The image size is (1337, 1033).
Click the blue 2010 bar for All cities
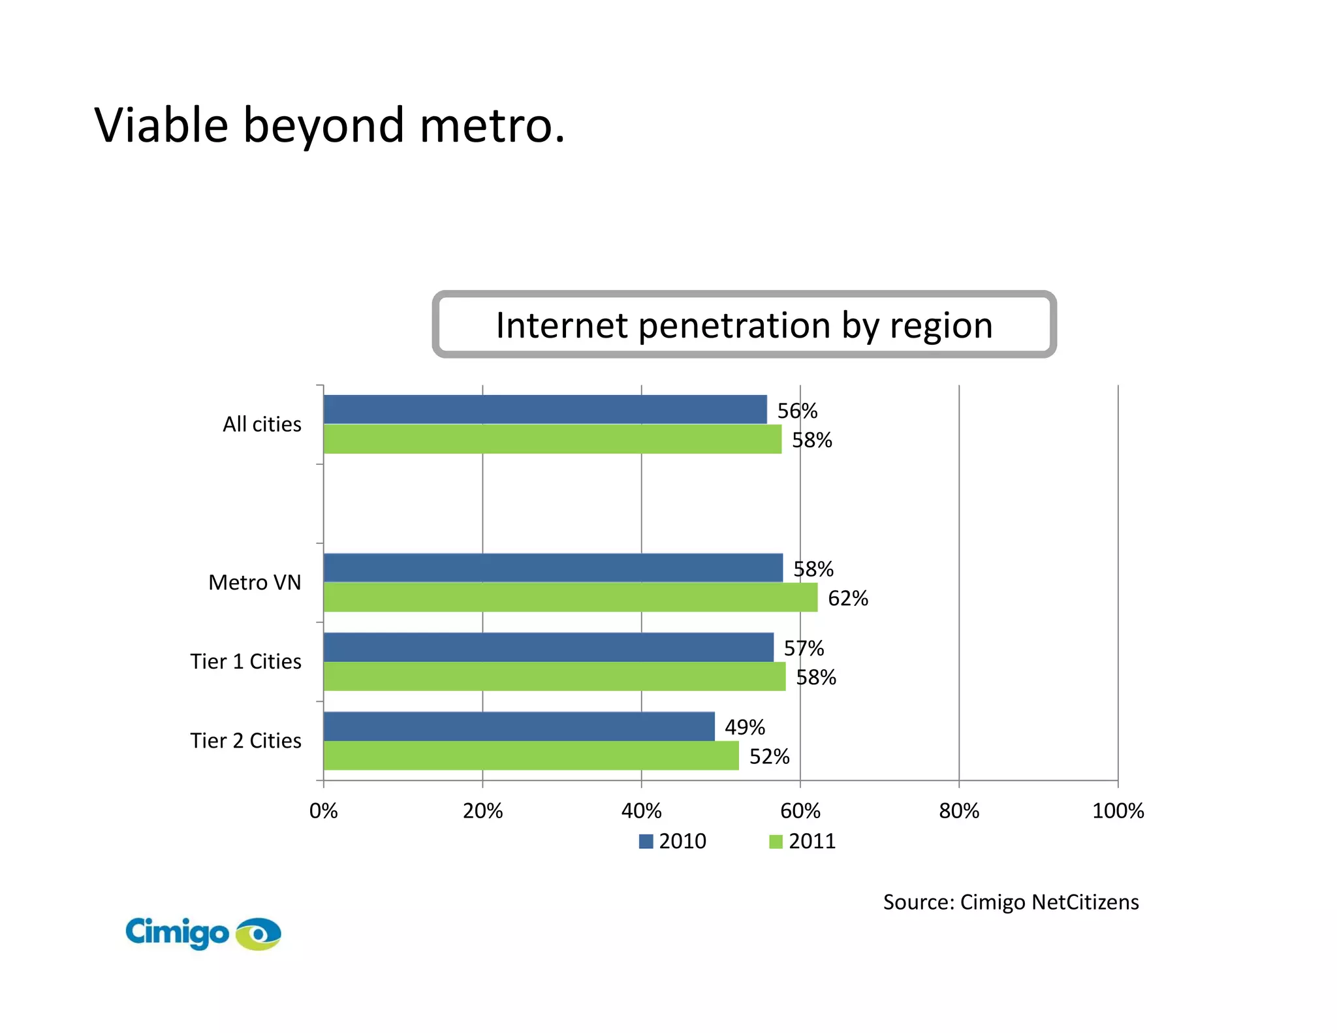(x=545, y=409)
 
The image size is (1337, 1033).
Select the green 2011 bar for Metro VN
(x=570, y=597)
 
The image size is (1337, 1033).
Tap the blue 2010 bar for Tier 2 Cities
(x=519, y=726)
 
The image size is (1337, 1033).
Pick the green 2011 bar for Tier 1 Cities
(x=554, y=676)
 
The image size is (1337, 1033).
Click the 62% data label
(x=847, y=598)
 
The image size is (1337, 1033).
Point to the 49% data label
(x=744, y=727)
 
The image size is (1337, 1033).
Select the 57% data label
(x=804, y=648)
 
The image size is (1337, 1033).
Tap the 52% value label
(x=769, y=756)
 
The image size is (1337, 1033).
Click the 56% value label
(x=797, y=411)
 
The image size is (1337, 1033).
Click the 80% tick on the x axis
(x=958, y=811)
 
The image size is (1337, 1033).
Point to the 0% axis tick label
(x=323, y=811)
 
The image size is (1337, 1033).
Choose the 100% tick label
(x=1118, y=811)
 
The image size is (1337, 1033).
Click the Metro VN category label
(x=255, y=582)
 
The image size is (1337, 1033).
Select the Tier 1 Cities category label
(x=245, y=661)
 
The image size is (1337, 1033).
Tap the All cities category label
(x=262, y=424)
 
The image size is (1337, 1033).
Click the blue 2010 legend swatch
(x=646, y=841)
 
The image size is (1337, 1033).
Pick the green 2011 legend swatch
(x=776, y=841)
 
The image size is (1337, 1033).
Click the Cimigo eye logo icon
(x=259, y=934)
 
